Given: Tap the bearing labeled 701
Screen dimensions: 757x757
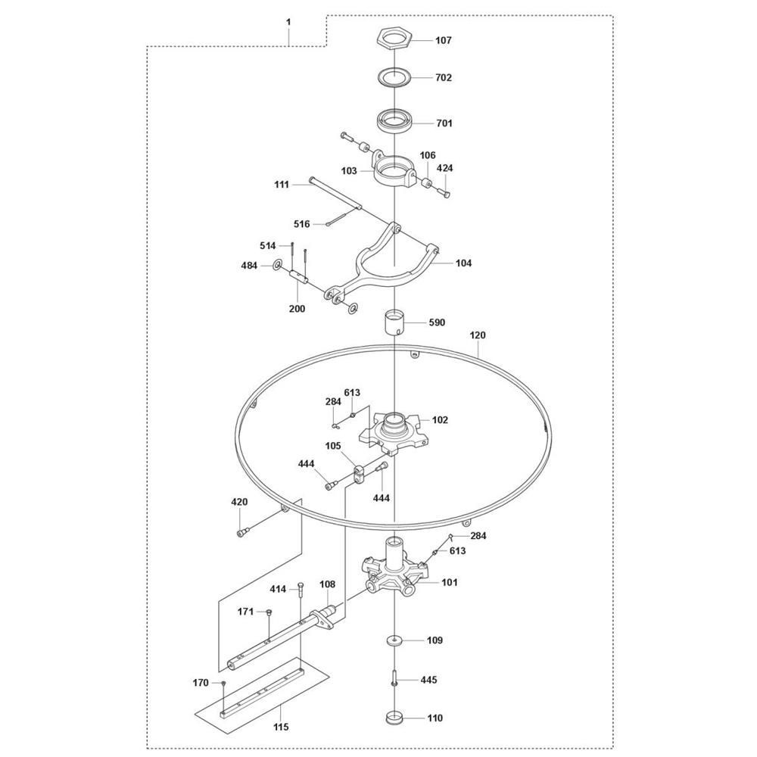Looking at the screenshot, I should pyautogui.click(x=395, y=121).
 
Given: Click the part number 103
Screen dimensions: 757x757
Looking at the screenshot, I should pyautogui.click(x=348, y=171).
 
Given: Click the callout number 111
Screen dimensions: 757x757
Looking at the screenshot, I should pyautogui.click(x=282, y=183).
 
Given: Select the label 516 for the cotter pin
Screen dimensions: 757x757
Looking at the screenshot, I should pyautogui.click(x=302, y=223).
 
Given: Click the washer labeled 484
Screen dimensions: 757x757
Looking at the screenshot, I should pyautogui.click(x=276, y=265).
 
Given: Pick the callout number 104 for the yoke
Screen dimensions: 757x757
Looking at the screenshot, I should pyautogui.click(x=463, y=263).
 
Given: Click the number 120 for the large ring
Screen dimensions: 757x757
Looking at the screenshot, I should pyautogui.click(x=478, y=335).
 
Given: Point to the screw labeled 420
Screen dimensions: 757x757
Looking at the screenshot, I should pyautogui.click(x=242, y=532).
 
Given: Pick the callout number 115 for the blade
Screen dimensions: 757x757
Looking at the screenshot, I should pyautogui.click(x=282, y=727).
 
